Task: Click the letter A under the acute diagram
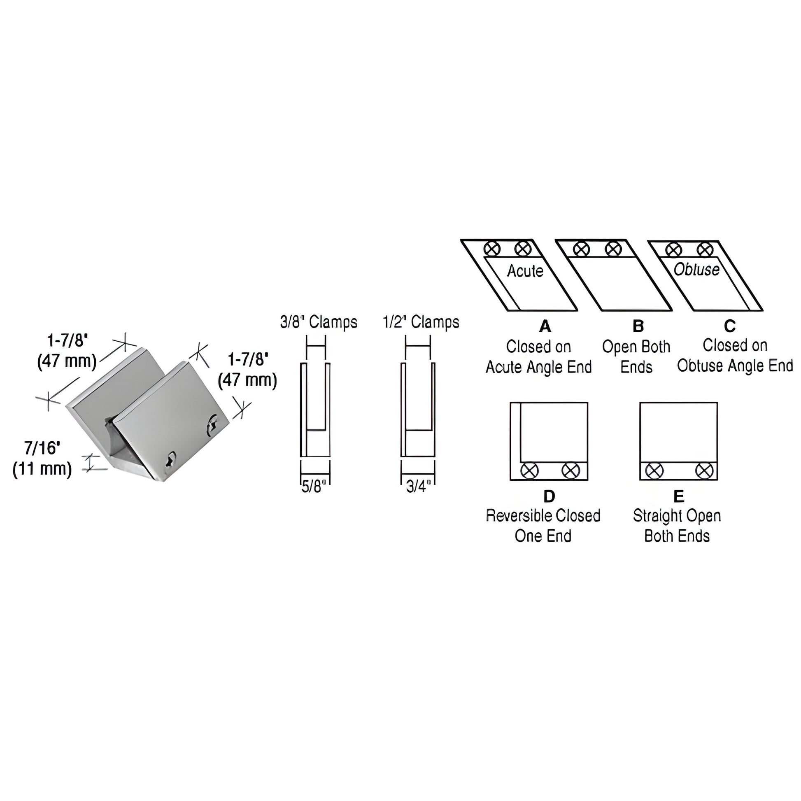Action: (545, 326)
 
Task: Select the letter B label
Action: (638, 326)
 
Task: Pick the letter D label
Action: (549, 496)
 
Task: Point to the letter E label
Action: (679, 496)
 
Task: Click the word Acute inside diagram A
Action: (525, 271)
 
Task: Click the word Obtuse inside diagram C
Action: (696, 270)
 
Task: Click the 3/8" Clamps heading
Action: (319, 322)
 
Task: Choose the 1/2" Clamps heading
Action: (421, 322)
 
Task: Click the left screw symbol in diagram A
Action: (492, 249)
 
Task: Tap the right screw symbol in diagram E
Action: (704, 470)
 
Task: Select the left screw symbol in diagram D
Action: (529, 470)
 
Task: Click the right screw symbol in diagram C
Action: (705, 250)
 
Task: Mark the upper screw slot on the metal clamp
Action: (214, 424)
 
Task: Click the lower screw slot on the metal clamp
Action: (170, 459)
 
